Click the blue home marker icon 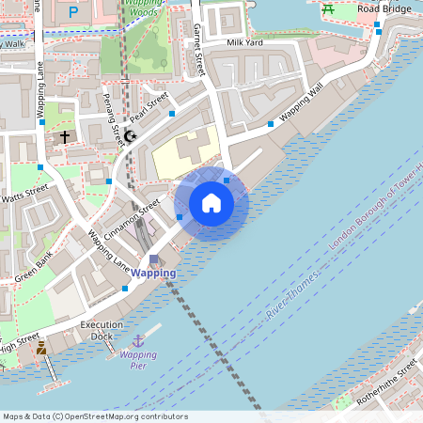click(211, 203)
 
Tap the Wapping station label click(152, 273)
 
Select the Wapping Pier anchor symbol click(138, 340)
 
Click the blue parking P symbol click(73, 12)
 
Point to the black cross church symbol click(65, 137)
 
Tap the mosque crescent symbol click(130, 137)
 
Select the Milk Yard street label click(244, 43)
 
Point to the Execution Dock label click(102, 330)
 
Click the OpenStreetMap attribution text click(95, 416)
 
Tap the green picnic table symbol click(328, 9)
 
